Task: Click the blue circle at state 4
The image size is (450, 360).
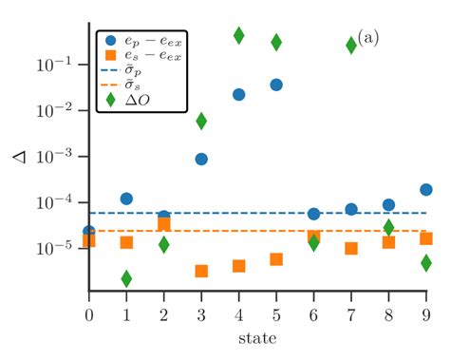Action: tap(238, 94)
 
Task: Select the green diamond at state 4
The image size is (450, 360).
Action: tap(238, 35)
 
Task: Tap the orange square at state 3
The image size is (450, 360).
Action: tap(201, 271)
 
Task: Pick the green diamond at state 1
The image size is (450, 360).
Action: tap(126, 278)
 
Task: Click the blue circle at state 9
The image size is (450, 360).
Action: tap(426, 190)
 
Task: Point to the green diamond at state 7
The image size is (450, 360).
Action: tap(351, 45)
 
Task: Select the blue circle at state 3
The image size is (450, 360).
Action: tap(201, 159)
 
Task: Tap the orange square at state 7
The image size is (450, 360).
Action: tap(351, 249)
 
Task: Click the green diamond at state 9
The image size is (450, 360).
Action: tap(426, 263)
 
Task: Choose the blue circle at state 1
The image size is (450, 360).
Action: tap(126, 199)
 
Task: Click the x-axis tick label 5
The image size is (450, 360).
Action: tap(276, 313)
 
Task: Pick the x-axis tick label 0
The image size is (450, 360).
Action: tap(89, 313)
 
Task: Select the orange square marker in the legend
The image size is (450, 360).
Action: tap(113, 57)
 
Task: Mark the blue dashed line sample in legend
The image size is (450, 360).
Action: tap(113, 71)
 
